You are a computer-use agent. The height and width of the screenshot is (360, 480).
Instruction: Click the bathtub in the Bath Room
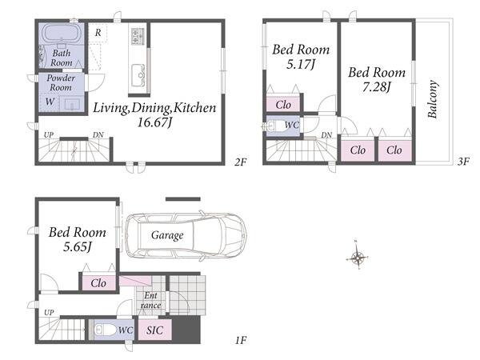(62, 34)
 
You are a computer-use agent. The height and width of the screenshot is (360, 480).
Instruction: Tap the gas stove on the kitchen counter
(138, 35)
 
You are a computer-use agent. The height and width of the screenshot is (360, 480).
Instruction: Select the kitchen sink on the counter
(138, 75)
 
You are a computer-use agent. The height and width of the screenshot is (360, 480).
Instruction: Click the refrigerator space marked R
(98, 33)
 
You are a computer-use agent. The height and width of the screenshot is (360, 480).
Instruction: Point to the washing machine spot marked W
(50, 102)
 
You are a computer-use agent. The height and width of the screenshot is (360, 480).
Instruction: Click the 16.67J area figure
(154, 122)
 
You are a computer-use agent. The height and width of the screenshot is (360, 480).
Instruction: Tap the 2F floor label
(241, 162)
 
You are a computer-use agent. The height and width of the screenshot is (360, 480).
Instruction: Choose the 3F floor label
(463, 162)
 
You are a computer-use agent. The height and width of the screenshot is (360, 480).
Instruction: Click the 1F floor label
(241, 340)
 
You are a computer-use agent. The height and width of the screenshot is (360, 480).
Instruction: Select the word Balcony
(432, 99)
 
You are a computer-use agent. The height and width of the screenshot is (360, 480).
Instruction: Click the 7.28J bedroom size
(377, 87)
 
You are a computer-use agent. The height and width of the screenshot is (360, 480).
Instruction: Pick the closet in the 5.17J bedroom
(283, 104)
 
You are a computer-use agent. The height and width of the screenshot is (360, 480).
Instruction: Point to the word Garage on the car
(167, 235)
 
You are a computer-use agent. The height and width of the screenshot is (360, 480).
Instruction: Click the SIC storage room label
(154, 330)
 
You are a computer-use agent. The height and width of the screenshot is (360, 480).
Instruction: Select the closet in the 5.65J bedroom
(98, 283)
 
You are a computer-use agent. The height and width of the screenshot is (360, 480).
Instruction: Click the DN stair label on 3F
(326, 134)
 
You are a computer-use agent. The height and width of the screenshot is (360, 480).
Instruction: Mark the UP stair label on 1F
(49, 313)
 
